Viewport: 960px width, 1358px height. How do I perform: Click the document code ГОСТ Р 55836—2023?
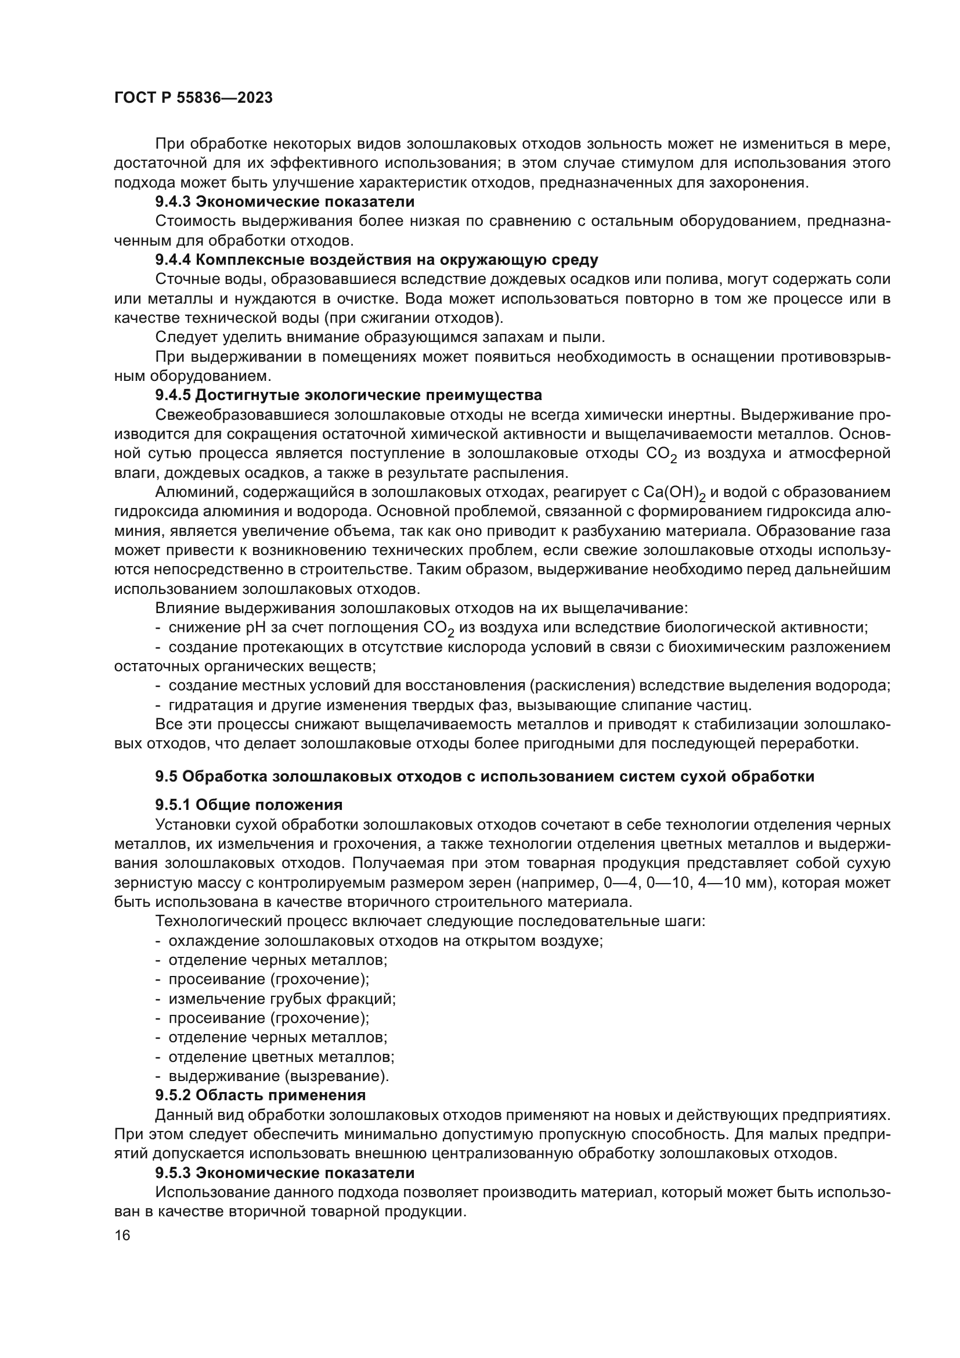click(x=193, y=98)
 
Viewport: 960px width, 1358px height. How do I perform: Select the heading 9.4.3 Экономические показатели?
click(x=284, y=201)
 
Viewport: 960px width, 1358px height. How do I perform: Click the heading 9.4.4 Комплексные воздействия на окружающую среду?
click(x=377, y=260)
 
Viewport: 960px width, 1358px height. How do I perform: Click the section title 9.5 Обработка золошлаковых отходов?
click(x=484, y=776)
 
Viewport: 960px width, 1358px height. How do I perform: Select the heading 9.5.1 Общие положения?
click(x=249, y=805)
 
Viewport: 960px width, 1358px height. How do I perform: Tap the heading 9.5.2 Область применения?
click(x=261, y=1095)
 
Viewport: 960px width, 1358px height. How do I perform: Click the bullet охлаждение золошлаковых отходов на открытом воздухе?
click(x=385, y=941)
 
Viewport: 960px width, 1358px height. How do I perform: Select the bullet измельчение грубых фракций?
click(x=282, y=999)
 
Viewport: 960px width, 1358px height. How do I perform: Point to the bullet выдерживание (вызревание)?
click(x=279, y=1076)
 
